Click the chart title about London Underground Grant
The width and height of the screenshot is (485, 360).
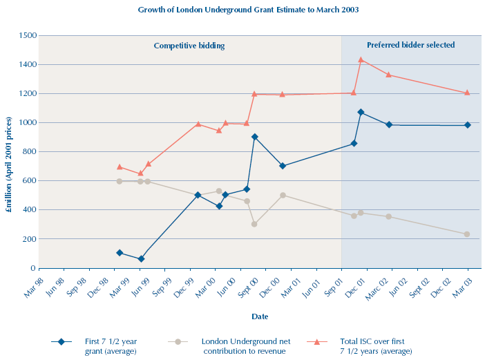[248, 10]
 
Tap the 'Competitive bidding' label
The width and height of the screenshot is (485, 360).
[189, 46]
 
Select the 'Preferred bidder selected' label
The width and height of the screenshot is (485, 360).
[410, 45]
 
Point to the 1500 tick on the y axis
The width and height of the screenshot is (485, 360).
[28, 35]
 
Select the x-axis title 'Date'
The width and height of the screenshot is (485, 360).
[260, 316]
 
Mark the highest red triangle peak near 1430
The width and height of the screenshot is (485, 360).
[361, 60]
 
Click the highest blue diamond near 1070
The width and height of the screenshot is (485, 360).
[361, 112]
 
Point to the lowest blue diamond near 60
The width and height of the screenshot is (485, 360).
[141, 259]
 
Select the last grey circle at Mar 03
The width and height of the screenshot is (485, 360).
[467, 234]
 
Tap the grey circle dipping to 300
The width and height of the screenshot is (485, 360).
[254, 224]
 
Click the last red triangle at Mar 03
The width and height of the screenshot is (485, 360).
[467, 93]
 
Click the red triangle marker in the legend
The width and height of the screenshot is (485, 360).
[317, 341]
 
